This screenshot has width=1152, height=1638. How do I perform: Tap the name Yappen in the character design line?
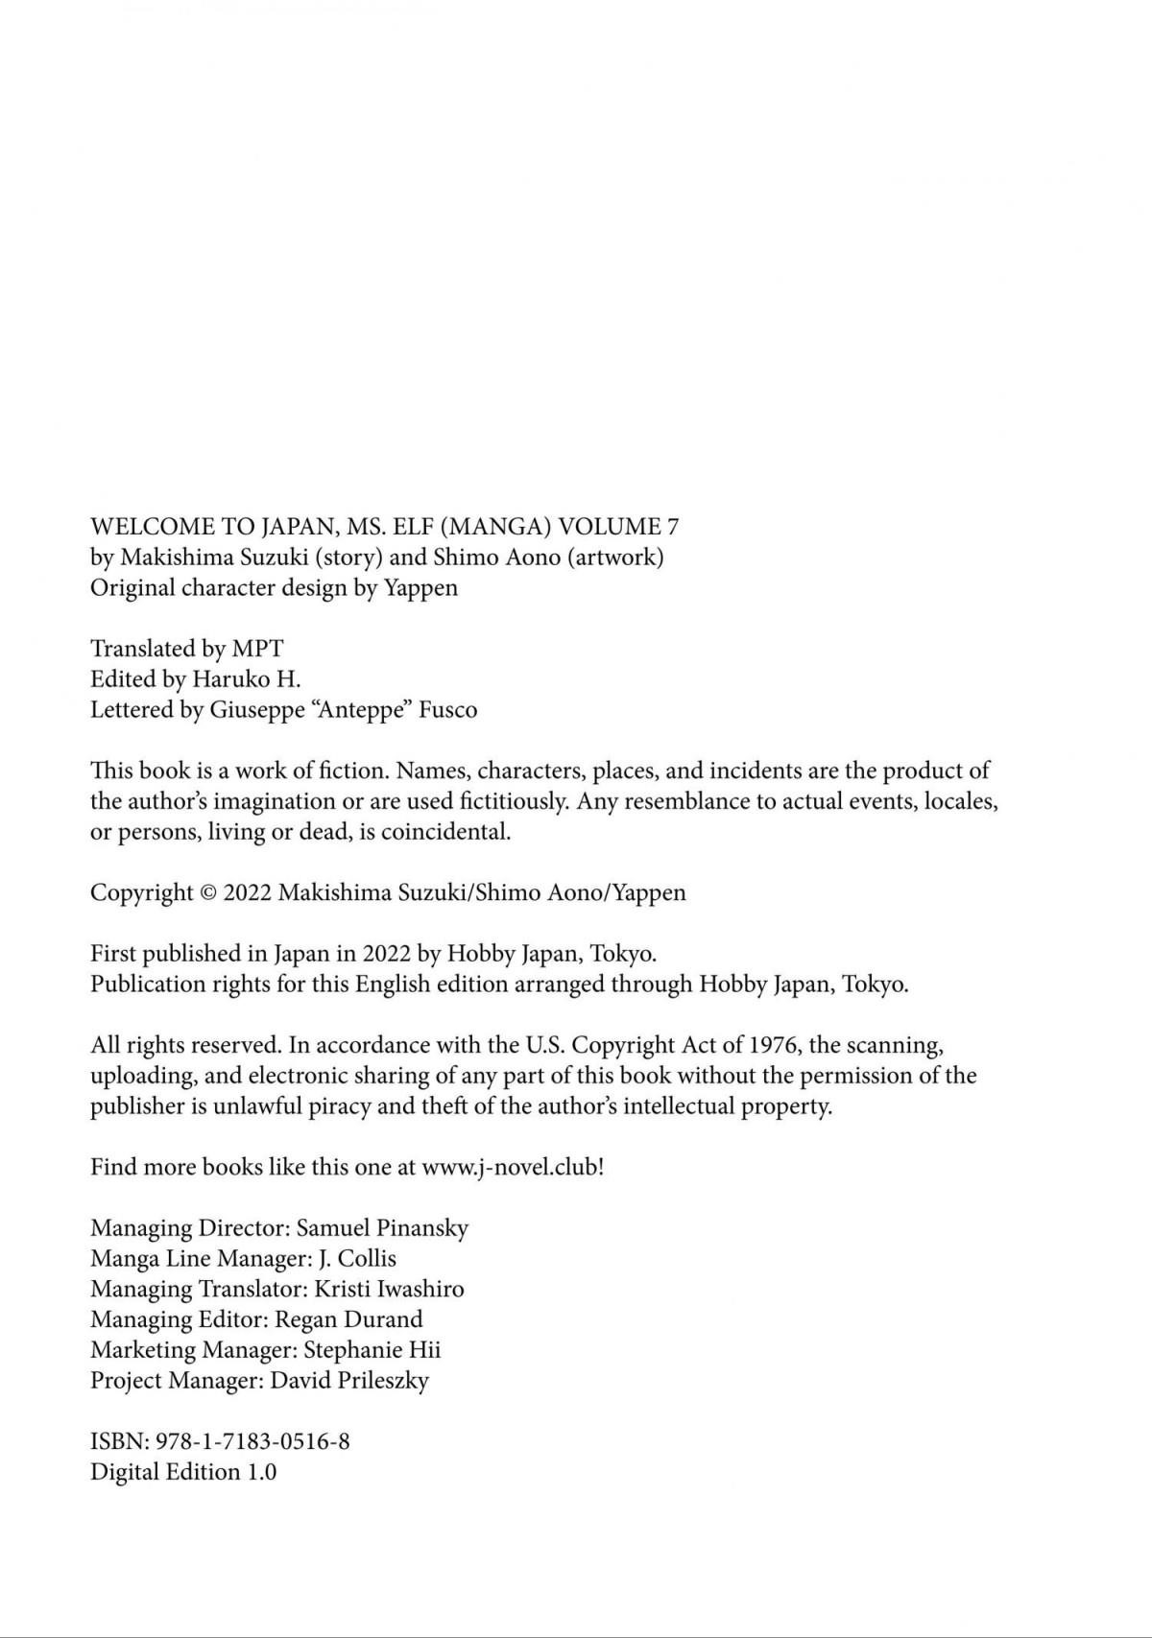[x=420, y=587]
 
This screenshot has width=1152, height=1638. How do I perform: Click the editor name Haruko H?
[x=247, y=679]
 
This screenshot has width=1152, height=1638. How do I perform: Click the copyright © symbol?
[x=208, y=893]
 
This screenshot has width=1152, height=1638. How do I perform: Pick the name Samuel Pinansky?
[x=382, y=1228]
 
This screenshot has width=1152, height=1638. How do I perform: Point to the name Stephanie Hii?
[x=372, y=1351]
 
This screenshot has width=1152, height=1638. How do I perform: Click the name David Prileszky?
[x=349, y=1382]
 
